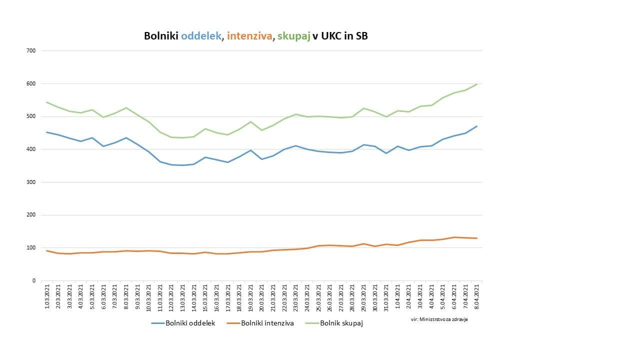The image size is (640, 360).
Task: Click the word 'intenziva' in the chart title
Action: [x=248, y=36]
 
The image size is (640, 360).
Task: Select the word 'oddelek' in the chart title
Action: [x=201, y=36]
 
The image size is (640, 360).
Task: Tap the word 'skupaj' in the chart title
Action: [x=293, y=36]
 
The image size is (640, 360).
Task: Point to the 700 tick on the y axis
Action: [x=31, y=50]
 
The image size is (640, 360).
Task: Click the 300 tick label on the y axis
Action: [x=31, y=182]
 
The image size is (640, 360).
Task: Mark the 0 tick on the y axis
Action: [x=34, y=280]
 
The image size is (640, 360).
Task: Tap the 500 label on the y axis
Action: [x=31, y=116]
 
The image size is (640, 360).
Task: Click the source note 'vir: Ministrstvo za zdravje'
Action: [x=439, y=319]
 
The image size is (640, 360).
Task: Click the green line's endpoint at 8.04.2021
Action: [x=476, y=84]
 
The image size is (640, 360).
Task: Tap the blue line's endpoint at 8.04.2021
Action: [x=476, y=126]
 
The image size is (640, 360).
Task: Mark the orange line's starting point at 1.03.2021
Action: [x=46, y=250]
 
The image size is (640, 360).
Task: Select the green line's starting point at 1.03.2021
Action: [x=46, y=102]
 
